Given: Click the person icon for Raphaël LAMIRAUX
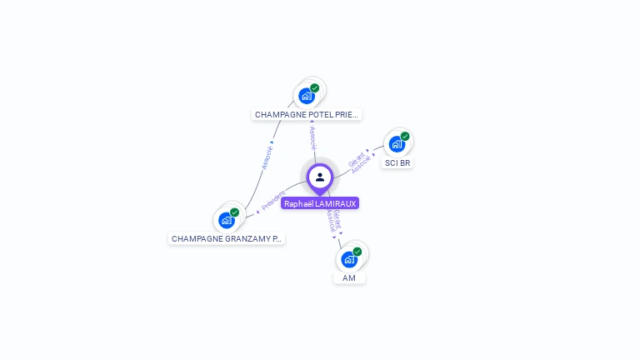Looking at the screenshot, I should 320,177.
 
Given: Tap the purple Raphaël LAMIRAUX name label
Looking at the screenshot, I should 320,203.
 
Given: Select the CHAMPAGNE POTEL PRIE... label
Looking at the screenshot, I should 307,114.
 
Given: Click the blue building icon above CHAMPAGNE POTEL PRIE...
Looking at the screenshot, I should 307,96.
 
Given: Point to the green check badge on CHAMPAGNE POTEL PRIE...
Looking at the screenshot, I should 315,87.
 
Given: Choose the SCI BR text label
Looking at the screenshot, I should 397,162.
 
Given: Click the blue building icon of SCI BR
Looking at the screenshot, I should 397,144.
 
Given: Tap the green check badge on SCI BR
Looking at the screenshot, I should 405,136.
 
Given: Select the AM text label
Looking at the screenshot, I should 349,277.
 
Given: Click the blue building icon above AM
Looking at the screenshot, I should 349,259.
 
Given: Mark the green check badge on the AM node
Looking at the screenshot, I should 357,251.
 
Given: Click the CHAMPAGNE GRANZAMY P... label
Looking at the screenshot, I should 227,238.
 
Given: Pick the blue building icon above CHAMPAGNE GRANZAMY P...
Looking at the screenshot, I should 226,220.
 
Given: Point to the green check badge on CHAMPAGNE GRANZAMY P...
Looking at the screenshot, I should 234,212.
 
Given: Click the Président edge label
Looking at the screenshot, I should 273,200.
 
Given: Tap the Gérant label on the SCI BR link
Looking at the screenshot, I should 356,158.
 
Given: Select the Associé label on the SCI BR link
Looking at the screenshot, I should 362,165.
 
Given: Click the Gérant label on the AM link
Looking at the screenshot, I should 337,218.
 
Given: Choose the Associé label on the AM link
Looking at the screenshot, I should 331,221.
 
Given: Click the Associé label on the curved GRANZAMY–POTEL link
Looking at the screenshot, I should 267,157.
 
